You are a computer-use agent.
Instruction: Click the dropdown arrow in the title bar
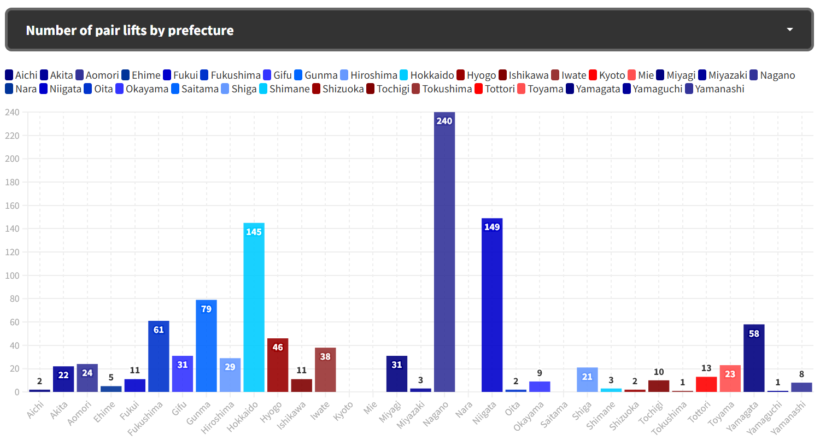click(789, 30)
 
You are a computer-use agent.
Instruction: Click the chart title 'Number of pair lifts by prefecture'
click(130, 30)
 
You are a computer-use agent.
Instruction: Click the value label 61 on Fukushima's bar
click(159, 330)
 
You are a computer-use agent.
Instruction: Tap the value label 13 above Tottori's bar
click(706, 368)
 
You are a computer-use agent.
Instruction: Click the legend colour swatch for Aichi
click(9, 75)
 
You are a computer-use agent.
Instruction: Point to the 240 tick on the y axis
click(12, 113)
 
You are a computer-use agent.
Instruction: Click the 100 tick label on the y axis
click(12, 275)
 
